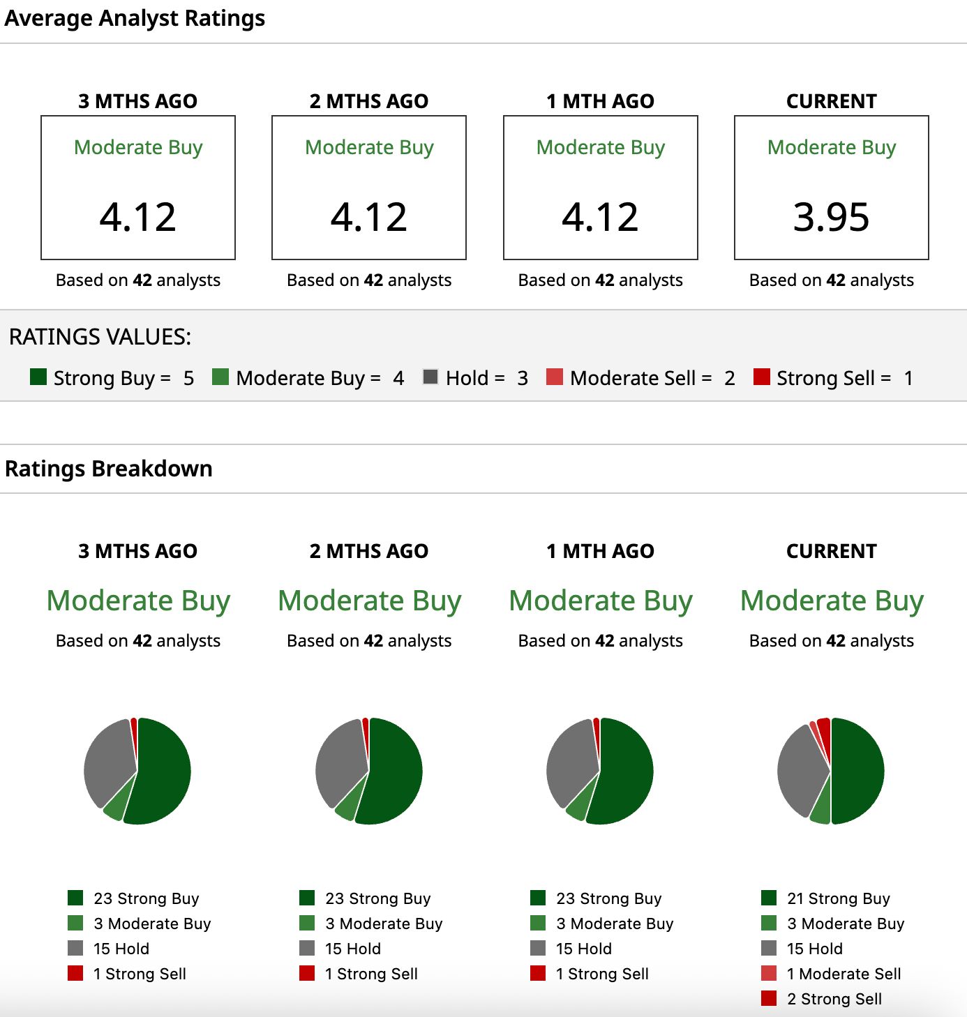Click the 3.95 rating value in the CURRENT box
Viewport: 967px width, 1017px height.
(x=831, y=217)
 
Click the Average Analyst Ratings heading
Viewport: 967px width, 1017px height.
(x=135, y=18)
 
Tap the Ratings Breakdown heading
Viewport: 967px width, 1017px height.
(x=109, y=469)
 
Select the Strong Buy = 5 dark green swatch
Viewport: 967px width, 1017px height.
(x=38, y=377)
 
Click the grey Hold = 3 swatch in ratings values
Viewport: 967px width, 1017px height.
(x=430, y=376)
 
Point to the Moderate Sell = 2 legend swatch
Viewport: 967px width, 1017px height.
(x=554, y=377)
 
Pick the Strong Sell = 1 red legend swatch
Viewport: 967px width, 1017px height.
(x=761, y=377)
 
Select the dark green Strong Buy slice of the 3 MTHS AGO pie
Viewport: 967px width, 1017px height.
(x=160, y=771)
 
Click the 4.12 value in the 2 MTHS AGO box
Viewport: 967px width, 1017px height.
(x=369, y=217)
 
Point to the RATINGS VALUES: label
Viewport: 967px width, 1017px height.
(x=100, y=337)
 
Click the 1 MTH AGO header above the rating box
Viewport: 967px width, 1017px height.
(x=600, y=101)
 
